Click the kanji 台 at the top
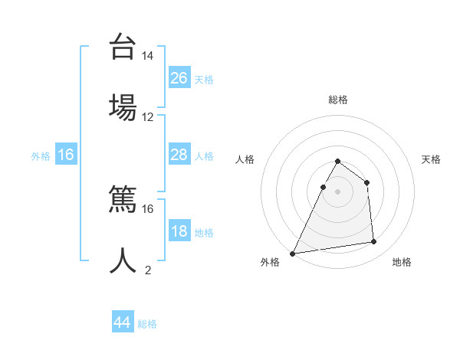point(123,47)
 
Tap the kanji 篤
point(123,200)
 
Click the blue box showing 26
point(179,77)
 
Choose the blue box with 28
point(179,155)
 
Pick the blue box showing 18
point(179,231)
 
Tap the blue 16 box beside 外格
point(66,155)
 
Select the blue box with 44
point(123,322)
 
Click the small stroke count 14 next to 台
point(148,56)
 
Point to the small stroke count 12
point(148,117)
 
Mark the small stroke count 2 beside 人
point(148,270)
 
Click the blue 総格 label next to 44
point(147,324)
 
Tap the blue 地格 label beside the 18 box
point(204,233)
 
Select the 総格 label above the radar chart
point(337,100)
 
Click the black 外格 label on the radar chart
point(270,262)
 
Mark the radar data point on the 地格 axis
point(374,242)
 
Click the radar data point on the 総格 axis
point(337,162)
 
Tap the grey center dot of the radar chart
point(337,191)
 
